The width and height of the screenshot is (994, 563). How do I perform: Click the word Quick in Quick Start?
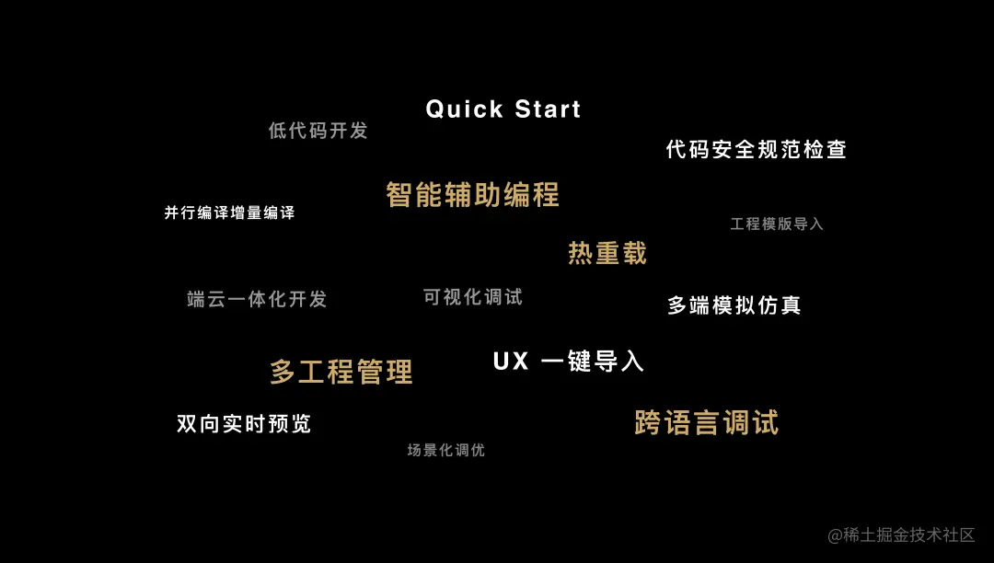(465, 109)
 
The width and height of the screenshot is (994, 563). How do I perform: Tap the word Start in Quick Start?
(548, 109)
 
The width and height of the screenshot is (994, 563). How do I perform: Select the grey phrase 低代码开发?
(318, 131)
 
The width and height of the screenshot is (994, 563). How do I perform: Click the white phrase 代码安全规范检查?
(756, 150)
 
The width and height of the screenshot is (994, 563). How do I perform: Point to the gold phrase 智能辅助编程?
(472, 195)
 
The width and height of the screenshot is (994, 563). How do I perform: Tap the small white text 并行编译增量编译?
(229, 213)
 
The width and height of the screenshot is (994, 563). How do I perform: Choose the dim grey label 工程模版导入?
(777, 224)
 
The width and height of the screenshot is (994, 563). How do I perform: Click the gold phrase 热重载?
(607, 253)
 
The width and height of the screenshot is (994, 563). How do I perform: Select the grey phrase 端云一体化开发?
(257, 299)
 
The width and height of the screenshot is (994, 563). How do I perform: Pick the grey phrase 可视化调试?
(473, 297)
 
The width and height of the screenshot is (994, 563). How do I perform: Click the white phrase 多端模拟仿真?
(734, 305)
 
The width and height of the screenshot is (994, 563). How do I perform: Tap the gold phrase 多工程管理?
(341, 372)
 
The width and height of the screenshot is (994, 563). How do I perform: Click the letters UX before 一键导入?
(511, 362)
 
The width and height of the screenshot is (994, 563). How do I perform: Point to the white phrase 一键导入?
(593, 362)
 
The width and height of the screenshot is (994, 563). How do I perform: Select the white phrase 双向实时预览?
(244, 424)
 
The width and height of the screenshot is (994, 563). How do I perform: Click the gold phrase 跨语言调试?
(706, 423)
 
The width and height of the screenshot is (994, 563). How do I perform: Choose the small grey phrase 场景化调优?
(445, 450)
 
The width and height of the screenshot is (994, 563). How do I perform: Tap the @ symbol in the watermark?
(835, 535)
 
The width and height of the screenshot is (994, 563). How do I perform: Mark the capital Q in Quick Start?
(435, 109)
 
